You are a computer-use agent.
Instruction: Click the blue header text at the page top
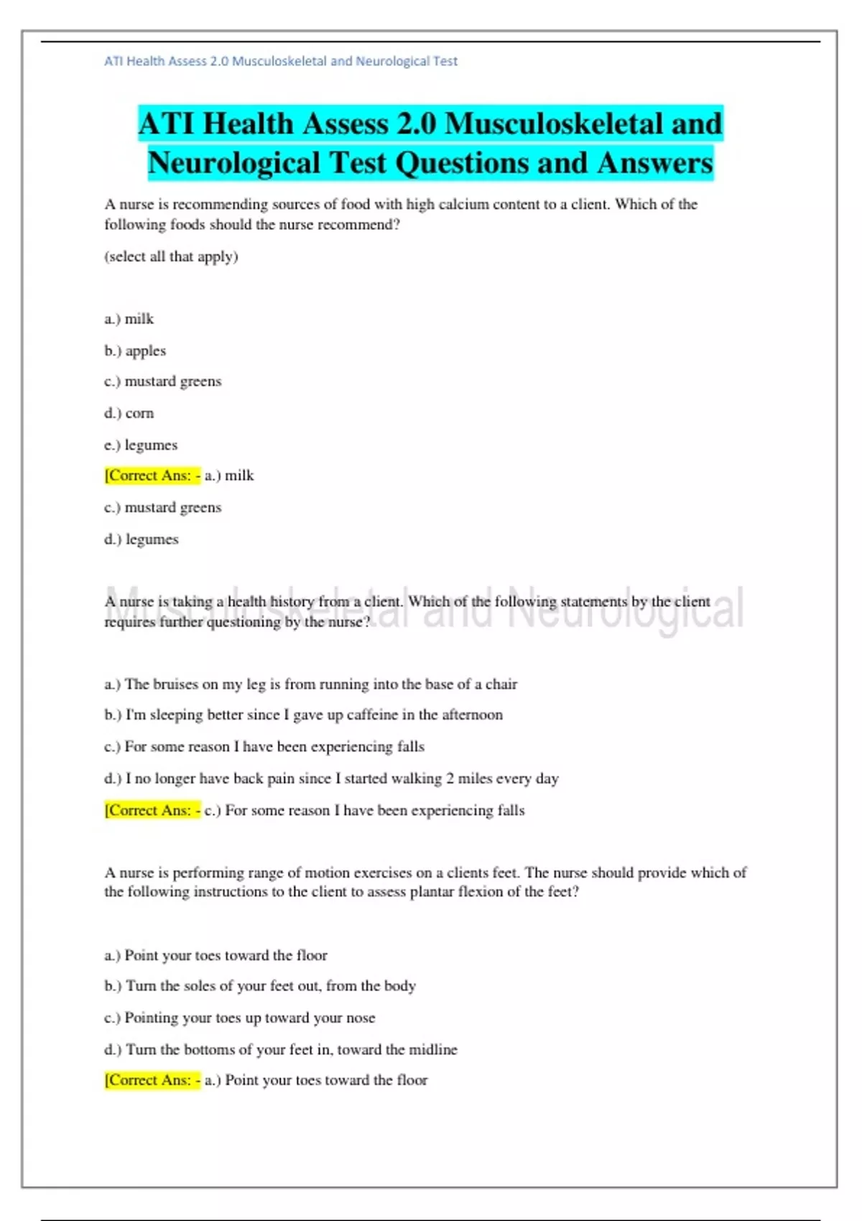pos(281,62)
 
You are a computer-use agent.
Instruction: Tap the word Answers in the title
pos(654,163)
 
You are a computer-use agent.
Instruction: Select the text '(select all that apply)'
pos(171,256)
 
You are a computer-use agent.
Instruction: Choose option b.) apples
pos(135,350)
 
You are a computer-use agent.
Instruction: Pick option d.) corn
pos(129,413)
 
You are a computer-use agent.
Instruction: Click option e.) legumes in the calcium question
pos(141,445)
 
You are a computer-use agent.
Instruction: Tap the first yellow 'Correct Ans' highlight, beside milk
pos(152,475)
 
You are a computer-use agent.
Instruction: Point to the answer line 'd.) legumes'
pos(142,539)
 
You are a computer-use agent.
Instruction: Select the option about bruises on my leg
pos(310,684)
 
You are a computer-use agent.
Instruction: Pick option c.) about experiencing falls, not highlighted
pos(264,746)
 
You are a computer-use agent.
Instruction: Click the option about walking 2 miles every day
pos(331,778)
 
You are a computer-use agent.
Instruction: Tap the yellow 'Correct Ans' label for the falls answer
pos(152,810)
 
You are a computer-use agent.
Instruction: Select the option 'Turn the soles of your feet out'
pos(260,986)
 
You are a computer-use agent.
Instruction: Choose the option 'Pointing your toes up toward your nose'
pos(240,1018)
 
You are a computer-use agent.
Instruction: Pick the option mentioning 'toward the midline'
pos(281,1049)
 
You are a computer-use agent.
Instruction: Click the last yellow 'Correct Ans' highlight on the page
pos(152,1080)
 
